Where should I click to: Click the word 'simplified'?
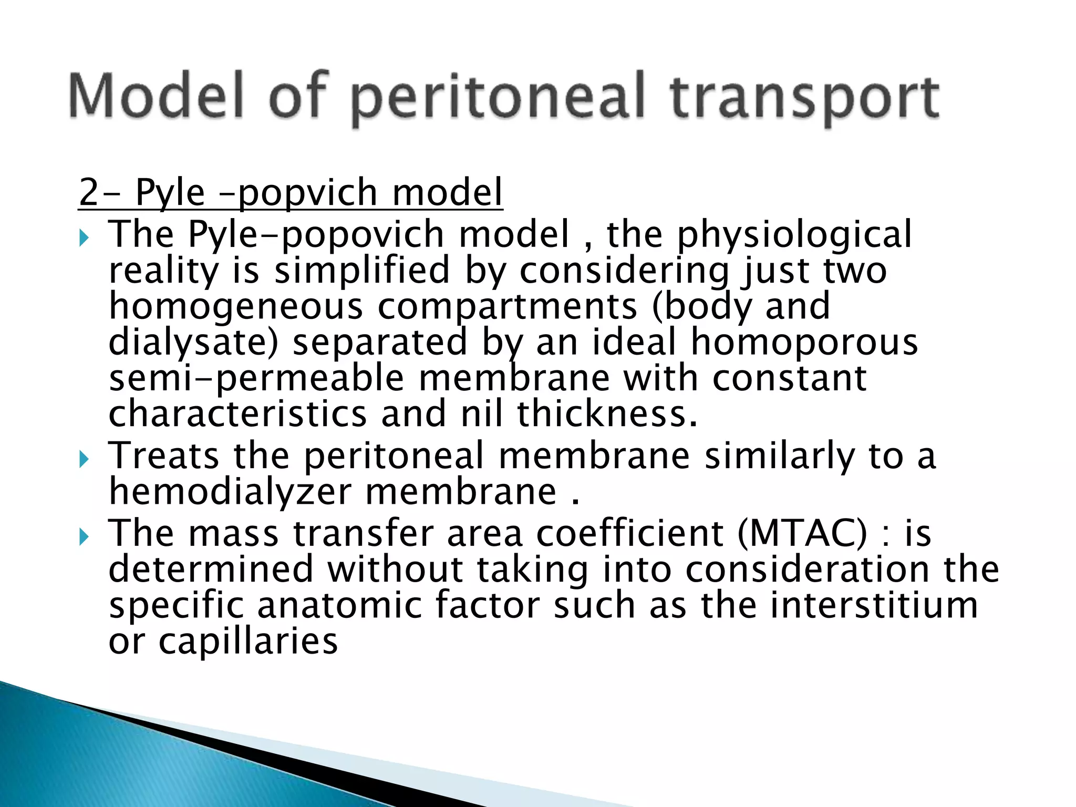tap(362, 270)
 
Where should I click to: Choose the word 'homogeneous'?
tap(236, 307)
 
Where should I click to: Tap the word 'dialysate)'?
tap(193, 343)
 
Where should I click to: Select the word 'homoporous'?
tap(804, 343)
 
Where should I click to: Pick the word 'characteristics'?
tap(237, 413)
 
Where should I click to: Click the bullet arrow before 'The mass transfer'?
tap(84, 537)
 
